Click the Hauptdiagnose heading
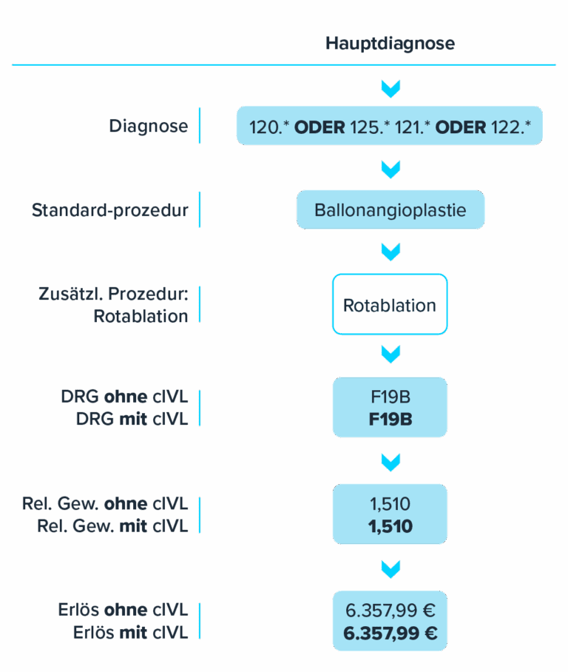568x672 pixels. click(x=390, y=44)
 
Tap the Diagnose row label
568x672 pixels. click(x=148, y=126)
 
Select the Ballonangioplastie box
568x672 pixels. click(x=390, y=210)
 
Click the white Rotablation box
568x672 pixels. click(x=390, y=305)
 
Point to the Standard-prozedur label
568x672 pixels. click(x=109, y=211)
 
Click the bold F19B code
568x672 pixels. click(x=390, y=420)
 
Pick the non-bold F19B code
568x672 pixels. click(x=390, y=398)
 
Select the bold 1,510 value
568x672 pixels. click(x=390, y=526)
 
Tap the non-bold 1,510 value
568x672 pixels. click(x=390, y=505)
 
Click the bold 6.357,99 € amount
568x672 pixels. click(x=390, y=634)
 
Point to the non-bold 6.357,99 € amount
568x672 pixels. click(x=390, y=611)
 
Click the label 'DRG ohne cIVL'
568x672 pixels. click(x=124, y=397)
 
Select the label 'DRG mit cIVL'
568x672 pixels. click(x=132, y=419)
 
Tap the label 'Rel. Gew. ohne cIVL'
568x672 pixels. click(x=104, y=505)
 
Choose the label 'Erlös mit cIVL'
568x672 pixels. click(x=130, y=633)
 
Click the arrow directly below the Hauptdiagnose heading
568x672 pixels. click(x=390, y=90)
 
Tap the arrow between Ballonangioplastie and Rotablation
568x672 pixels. click(x=390, y=252)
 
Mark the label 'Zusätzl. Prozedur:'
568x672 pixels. click(x=113, y=295)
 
